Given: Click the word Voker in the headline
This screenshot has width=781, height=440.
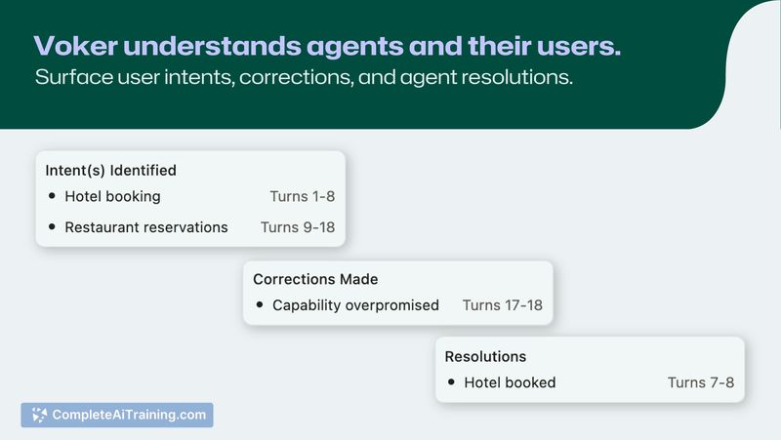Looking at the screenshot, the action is [x=76, y=46].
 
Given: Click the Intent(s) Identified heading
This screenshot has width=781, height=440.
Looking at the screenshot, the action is [x=110, y=170].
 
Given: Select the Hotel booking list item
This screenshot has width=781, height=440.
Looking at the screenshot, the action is [x=112, y=197].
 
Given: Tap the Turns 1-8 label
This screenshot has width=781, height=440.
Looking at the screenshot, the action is [x=303, y=197].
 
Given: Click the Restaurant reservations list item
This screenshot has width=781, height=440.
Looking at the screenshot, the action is [x=146, y=227].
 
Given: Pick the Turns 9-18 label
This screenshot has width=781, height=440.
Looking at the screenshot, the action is [x=298, y=227].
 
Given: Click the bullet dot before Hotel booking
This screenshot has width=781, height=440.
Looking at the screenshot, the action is [x=52, y=196].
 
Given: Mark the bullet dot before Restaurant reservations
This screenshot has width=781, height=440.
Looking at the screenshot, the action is [x=52, y=227].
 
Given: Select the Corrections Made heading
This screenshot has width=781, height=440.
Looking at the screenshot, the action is [x=315, y=279].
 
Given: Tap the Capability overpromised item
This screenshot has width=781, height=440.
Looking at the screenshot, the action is [x=355, y=305].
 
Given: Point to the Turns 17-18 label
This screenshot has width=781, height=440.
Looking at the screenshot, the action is [x=503, y=305].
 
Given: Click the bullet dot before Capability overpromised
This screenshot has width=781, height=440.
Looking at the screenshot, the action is [x=260, y=304].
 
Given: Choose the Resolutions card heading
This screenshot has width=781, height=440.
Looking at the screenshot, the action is [x=485, y=357].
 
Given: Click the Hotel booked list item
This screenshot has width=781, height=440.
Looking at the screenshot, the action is [x=510, y=382].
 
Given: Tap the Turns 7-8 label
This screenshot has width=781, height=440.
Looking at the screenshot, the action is [x=701, y=382].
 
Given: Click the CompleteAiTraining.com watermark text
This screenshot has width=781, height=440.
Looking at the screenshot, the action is [x=129, y=415].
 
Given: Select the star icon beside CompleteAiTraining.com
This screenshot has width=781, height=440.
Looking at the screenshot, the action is [x=39, y=415].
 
